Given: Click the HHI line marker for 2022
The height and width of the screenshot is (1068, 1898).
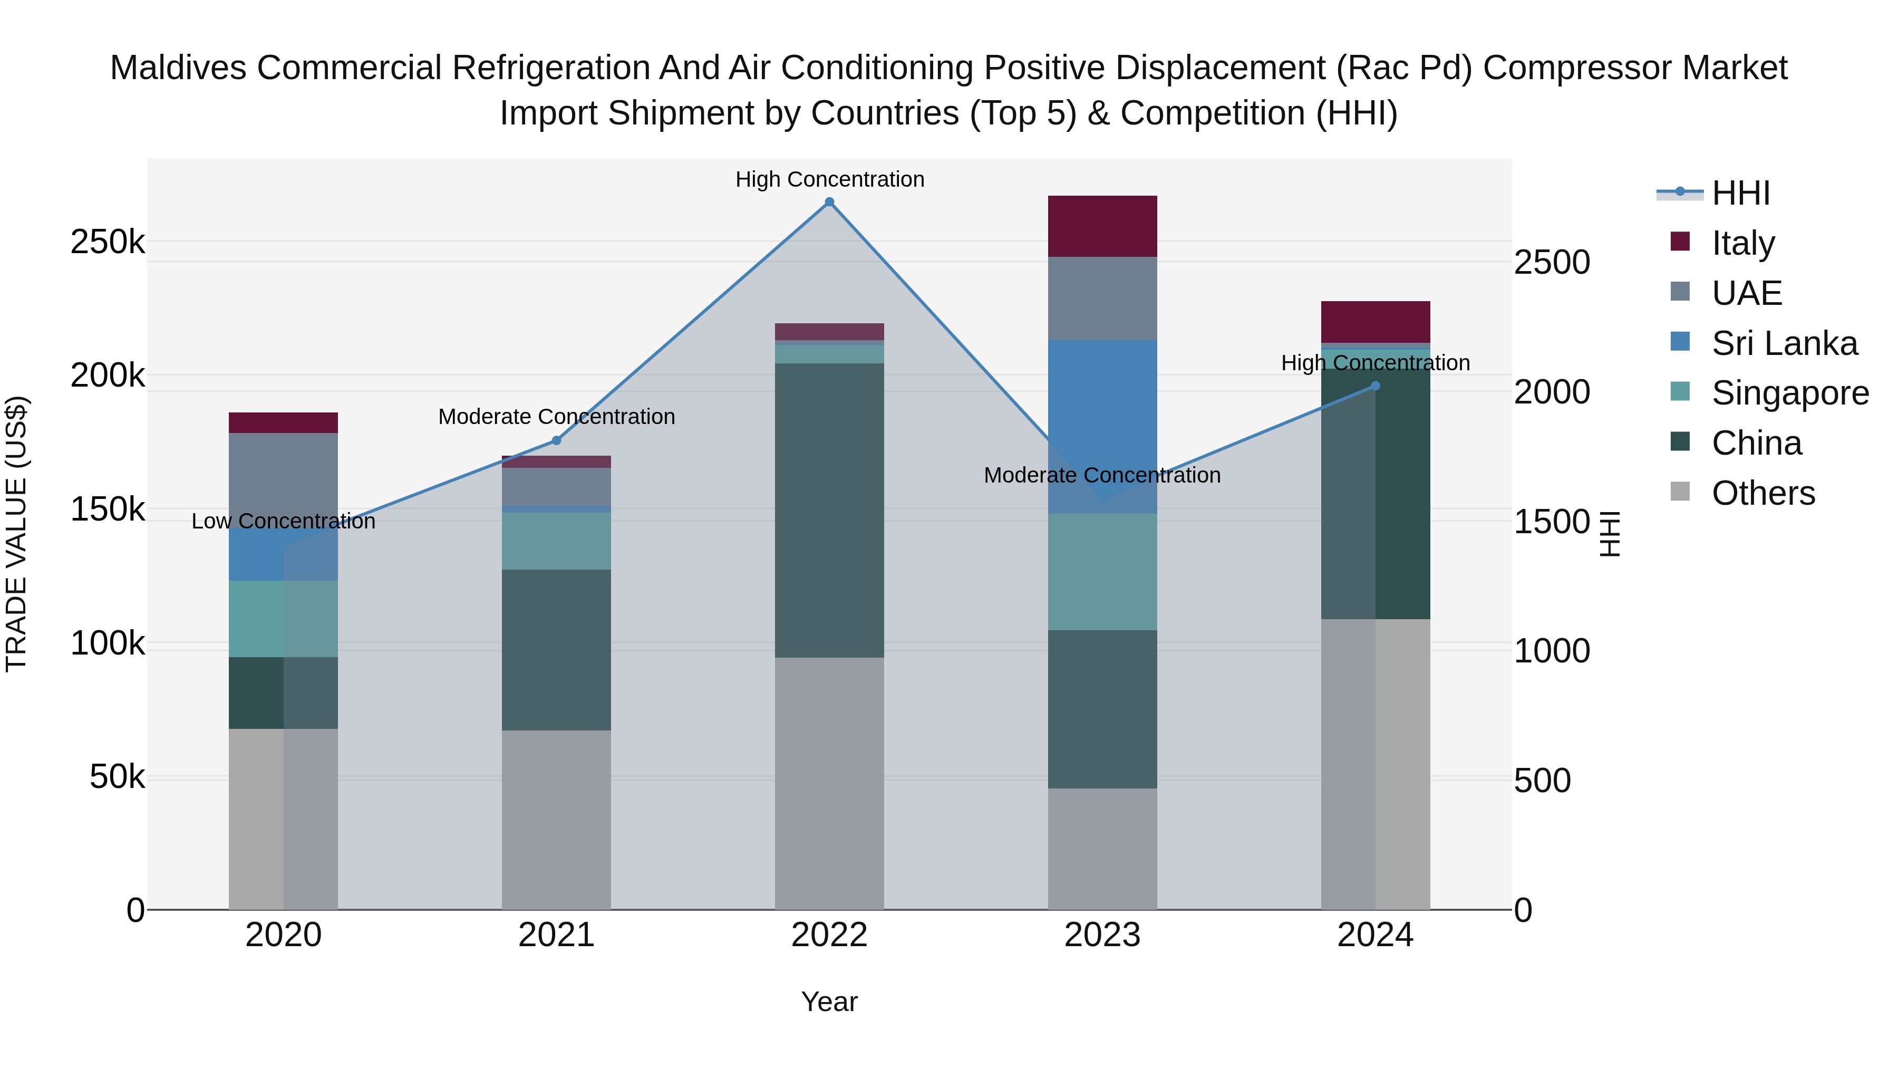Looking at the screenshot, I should [829, 202].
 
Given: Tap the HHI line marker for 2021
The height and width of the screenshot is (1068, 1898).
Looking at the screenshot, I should [556, 441].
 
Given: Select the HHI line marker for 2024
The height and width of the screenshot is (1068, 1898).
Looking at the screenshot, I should [1375, 386].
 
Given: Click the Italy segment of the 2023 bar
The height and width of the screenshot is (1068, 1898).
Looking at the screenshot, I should [1102, 226].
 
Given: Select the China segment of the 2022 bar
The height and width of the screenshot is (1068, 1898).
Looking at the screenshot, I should [829, 510].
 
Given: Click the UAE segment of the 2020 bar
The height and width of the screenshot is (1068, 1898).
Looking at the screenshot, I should [283, 479].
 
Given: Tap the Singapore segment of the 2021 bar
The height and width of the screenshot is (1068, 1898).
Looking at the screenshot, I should [556, 541].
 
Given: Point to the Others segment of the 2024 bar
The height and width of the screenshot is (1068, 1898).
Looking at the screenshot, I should [1375, 764].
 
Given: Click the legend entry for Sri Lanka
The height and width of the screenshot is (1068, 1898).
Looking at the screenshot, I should [1784, 343].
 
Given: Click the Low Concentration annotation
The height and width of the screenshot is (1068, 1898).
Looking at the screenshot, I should [283, 521].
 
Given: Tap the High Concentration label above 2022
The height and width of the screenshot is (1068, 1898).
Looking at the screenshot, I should [829, 179].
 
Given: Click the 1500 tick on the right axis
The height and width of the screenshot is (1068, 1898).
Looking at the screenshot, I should [1551, 522].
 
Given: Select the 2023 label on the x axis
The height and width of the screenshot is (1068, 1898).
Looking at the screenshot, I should [1102, 935].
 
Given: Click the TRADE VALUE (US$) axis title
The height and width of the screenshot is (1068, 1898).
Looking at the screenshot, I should [16, 534].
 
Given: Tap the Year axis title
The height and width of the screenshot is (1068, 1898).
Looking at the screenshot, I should [829, 1002].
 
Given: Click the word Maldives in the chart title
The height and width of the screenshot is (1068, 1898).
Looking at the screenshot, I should [178, 68].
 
